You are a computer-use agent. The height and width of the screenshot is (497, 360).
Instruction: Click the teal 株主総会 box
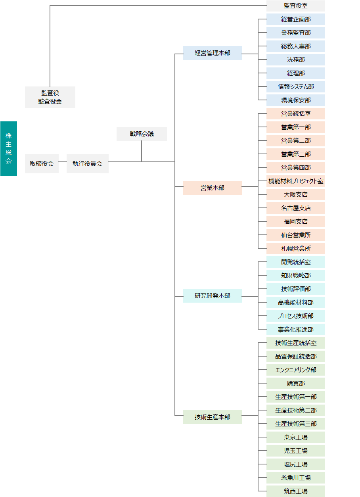pos(9,148)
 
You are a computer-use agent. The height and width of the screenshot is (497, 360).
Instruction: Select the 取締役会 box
pos(42,163)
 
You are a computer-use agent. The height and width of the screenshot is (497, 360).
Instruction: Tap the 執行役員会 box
pos(87,163)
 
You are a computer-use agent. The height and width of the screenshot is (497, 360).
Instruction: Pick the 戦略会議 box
pos(142,134)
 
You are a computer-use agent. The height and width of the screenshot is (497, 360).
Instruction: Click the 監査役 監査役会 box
pos(50,98)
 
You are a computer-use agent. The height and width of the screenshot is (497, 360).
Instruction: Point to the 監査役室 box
pos(296,6)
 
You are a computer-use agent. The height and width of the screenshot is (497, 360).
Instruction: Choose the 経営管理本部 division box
pos(212,53)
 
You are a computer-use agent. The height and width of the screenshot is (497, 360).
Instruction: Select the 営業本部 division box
pos(212,188)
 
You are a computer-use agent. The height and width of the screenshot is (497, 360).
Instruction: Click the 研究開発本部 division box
pos(212,296)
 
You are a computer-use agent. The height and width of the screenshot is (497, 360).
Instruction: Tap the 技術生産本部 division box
pos(212,417)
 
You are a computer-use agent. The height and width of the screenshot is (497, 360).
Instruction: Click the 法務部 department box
pos(296,59)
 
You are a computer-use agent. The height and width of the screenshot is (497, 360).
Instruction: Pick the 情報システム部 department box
pos(296,87)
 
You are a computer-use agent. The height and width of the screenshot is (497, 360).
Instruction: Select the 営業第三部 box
pos(296,154)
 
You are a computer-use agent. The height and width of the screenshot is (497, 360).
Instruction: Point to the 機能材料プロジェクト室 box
pos(296,181)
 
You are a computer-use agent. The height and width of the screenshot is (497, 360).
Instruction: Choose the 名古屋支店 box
pos(296,208)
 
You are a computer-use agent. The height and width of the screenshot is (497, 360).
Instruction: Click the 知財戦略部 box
pos(296,276)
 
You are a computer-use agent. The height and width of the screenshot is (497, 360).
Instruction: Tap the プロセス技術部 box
pos(296,316)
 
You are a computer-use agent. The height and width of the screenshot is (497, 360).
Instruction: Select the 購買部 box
pos(296,384)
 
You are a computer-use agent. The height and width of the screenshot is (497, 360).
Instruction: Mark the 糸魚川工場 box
pos(296,478)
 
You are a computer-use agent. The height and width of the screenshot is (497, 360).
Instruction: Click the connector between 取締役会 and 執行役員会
pos(63,162)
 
